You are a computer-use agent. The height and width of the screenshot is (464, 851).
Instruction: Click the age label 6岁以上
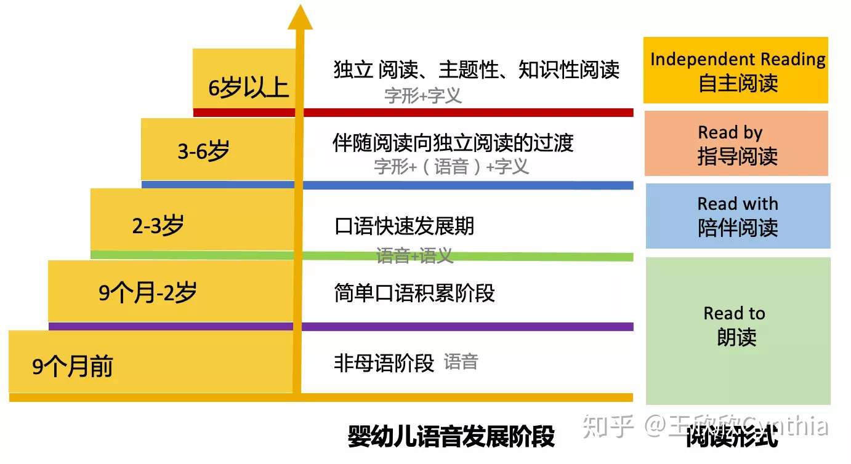point(248,88)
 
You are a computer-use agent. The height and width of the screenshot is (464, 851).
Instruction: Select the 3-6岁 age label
point(203,151)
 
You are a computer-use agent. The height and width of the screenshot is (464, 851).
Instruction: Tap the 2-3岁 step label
point(158,226)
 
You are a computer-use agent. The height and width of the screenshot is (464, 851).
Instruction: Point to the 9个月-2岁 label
point(148,293)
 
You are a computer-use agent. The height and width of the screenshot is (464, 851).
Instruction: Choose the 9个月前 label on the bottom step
point(73,367)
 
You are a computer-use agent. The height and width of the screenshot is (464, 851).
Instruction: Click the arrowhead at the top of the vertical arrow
point(300,18)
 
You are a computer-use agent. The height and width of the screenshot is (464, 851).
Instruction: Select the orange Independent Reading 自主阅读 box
point(736,70)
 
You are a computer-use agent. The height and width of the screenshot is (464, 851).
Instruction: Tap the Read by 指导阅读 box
point(736,144)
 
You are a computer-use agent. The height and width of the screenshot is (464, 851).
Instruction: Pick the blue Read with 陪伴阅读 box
point(738,216)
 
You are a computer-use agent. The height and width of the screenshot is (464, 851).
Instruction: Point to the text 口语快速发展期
point(404,226)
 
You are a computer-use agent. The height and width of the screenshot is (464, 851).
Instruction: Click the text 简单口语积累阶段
point(414,293)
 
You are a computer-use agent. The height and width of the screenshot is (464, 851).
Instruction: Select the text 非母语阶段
point(384,363)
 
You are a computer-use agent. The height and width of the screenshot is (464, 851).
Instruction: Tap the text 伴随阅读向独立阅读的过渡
point(453,143)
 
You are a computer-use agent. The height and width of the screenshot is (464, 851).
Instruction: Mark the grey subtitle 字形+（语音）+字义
point(451,166)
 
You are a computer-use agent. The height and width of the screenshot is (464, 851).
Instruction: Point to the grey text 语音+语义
point(414,255)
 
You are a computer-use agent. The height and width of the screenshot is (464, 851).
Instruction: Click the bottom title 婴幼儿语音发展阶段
point(451,436)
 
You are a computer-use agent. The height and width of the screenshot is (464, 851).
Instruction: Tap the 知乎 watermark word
point(608,426)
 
